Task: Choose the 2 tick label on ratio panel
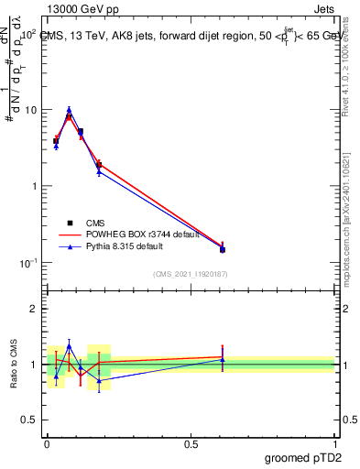(x=35, y=309)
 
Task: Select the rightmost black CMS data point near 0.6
(x=223, y=249)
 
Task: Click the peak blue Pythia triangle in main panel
(x=69, y=109)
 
